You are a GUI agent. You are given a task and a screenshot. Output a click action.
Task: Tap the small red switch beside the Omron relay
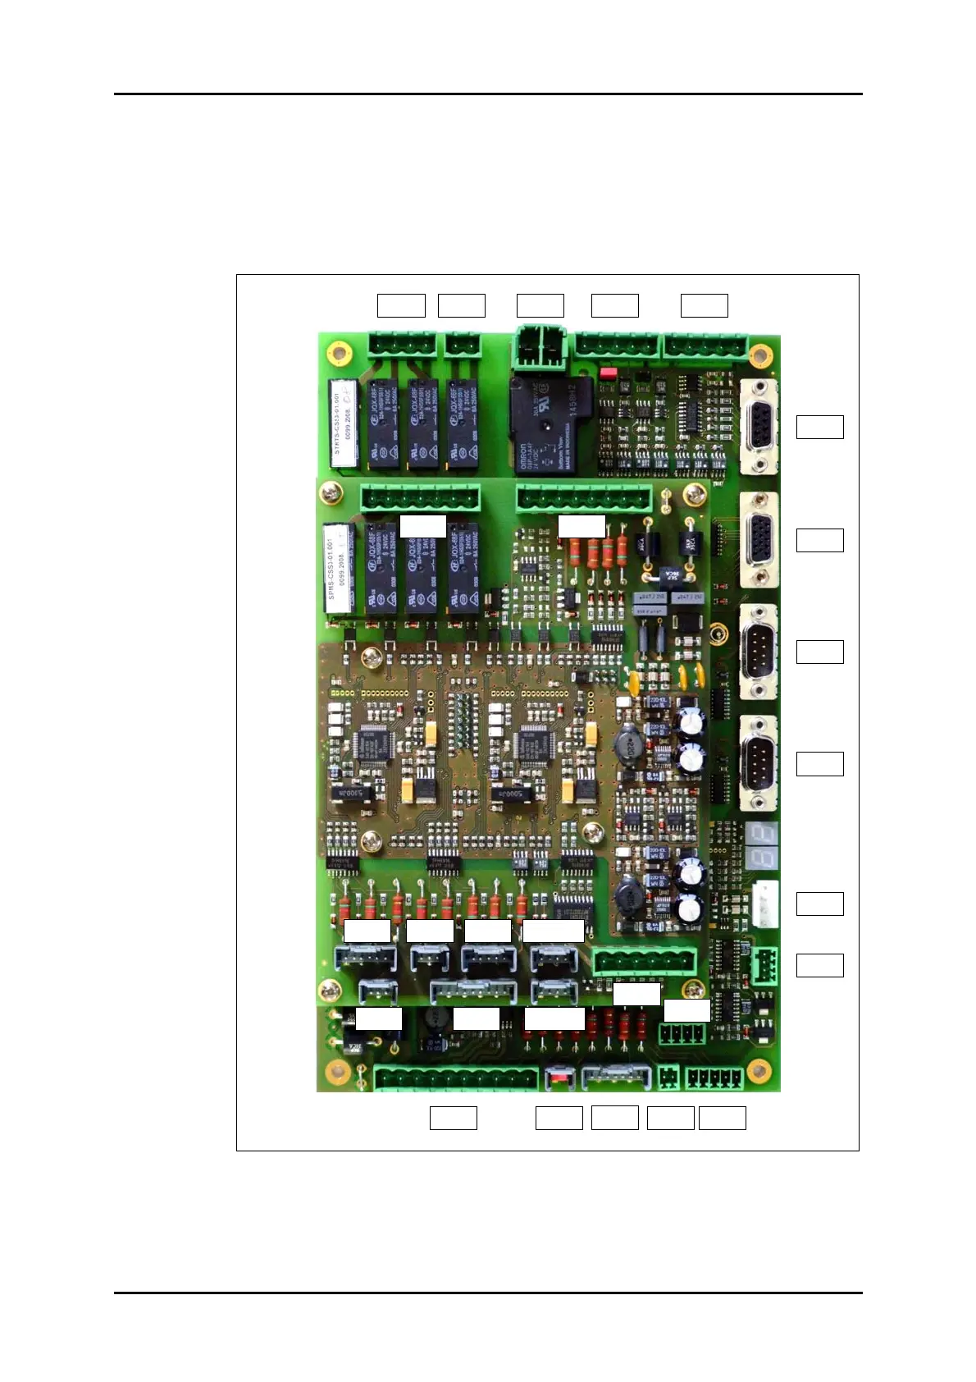[x=608, y=373]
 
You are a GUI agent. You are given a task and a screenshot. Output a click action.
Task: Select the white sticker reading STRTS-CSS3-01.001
[x=343, y=423]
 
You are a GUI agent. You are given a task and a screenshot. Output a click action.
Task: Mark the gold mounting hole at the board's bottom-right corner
[x=759, y=1070]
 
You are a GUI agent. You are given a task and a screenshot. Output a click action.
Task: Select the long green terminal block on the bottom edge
[x=457, y=1078]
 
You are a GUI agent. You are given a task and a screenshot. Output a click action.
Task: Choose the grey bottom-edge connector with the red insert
[x=559, y=1077]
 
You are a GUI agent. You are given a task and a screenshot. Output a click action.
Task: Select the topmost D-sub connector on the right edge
[x=759, y=428]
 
